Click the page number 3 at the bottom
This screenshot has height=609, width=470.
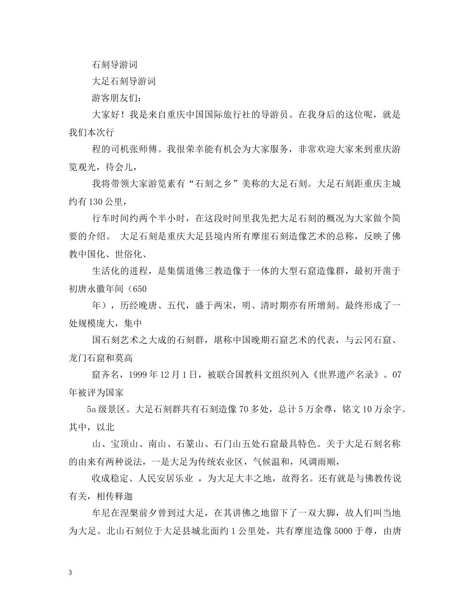coord(70,573)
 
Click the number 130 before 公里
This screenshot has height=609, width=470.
coord(98,202)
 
